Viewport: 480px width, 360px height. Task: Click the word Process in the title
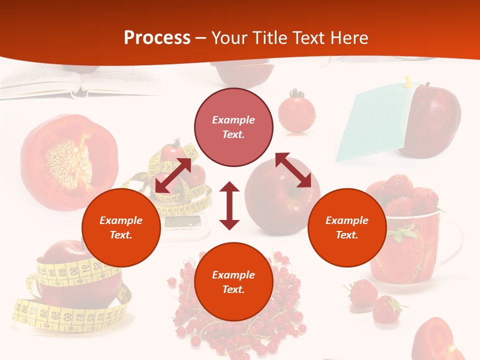(157, 38)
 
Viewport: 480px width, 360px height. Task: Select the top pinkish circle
(233, 127)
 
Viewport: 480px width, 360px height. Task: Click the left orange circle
(121, 227)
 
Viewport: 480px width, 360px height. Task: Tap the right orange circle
(347, 227)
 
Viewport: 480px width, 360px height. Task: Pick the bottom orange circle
(233, 282)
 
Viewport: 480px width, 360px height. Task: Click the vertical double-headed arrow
(229, 205)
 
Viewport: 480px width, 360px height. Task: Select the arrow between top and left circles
(173, 175)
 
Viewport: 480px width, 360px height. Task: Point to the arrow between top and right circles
(293, 170)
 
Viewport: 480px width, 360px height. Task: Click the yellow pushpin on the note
(407, 80)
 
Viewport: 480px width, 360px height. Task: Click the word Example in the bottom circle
(233, 275)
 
